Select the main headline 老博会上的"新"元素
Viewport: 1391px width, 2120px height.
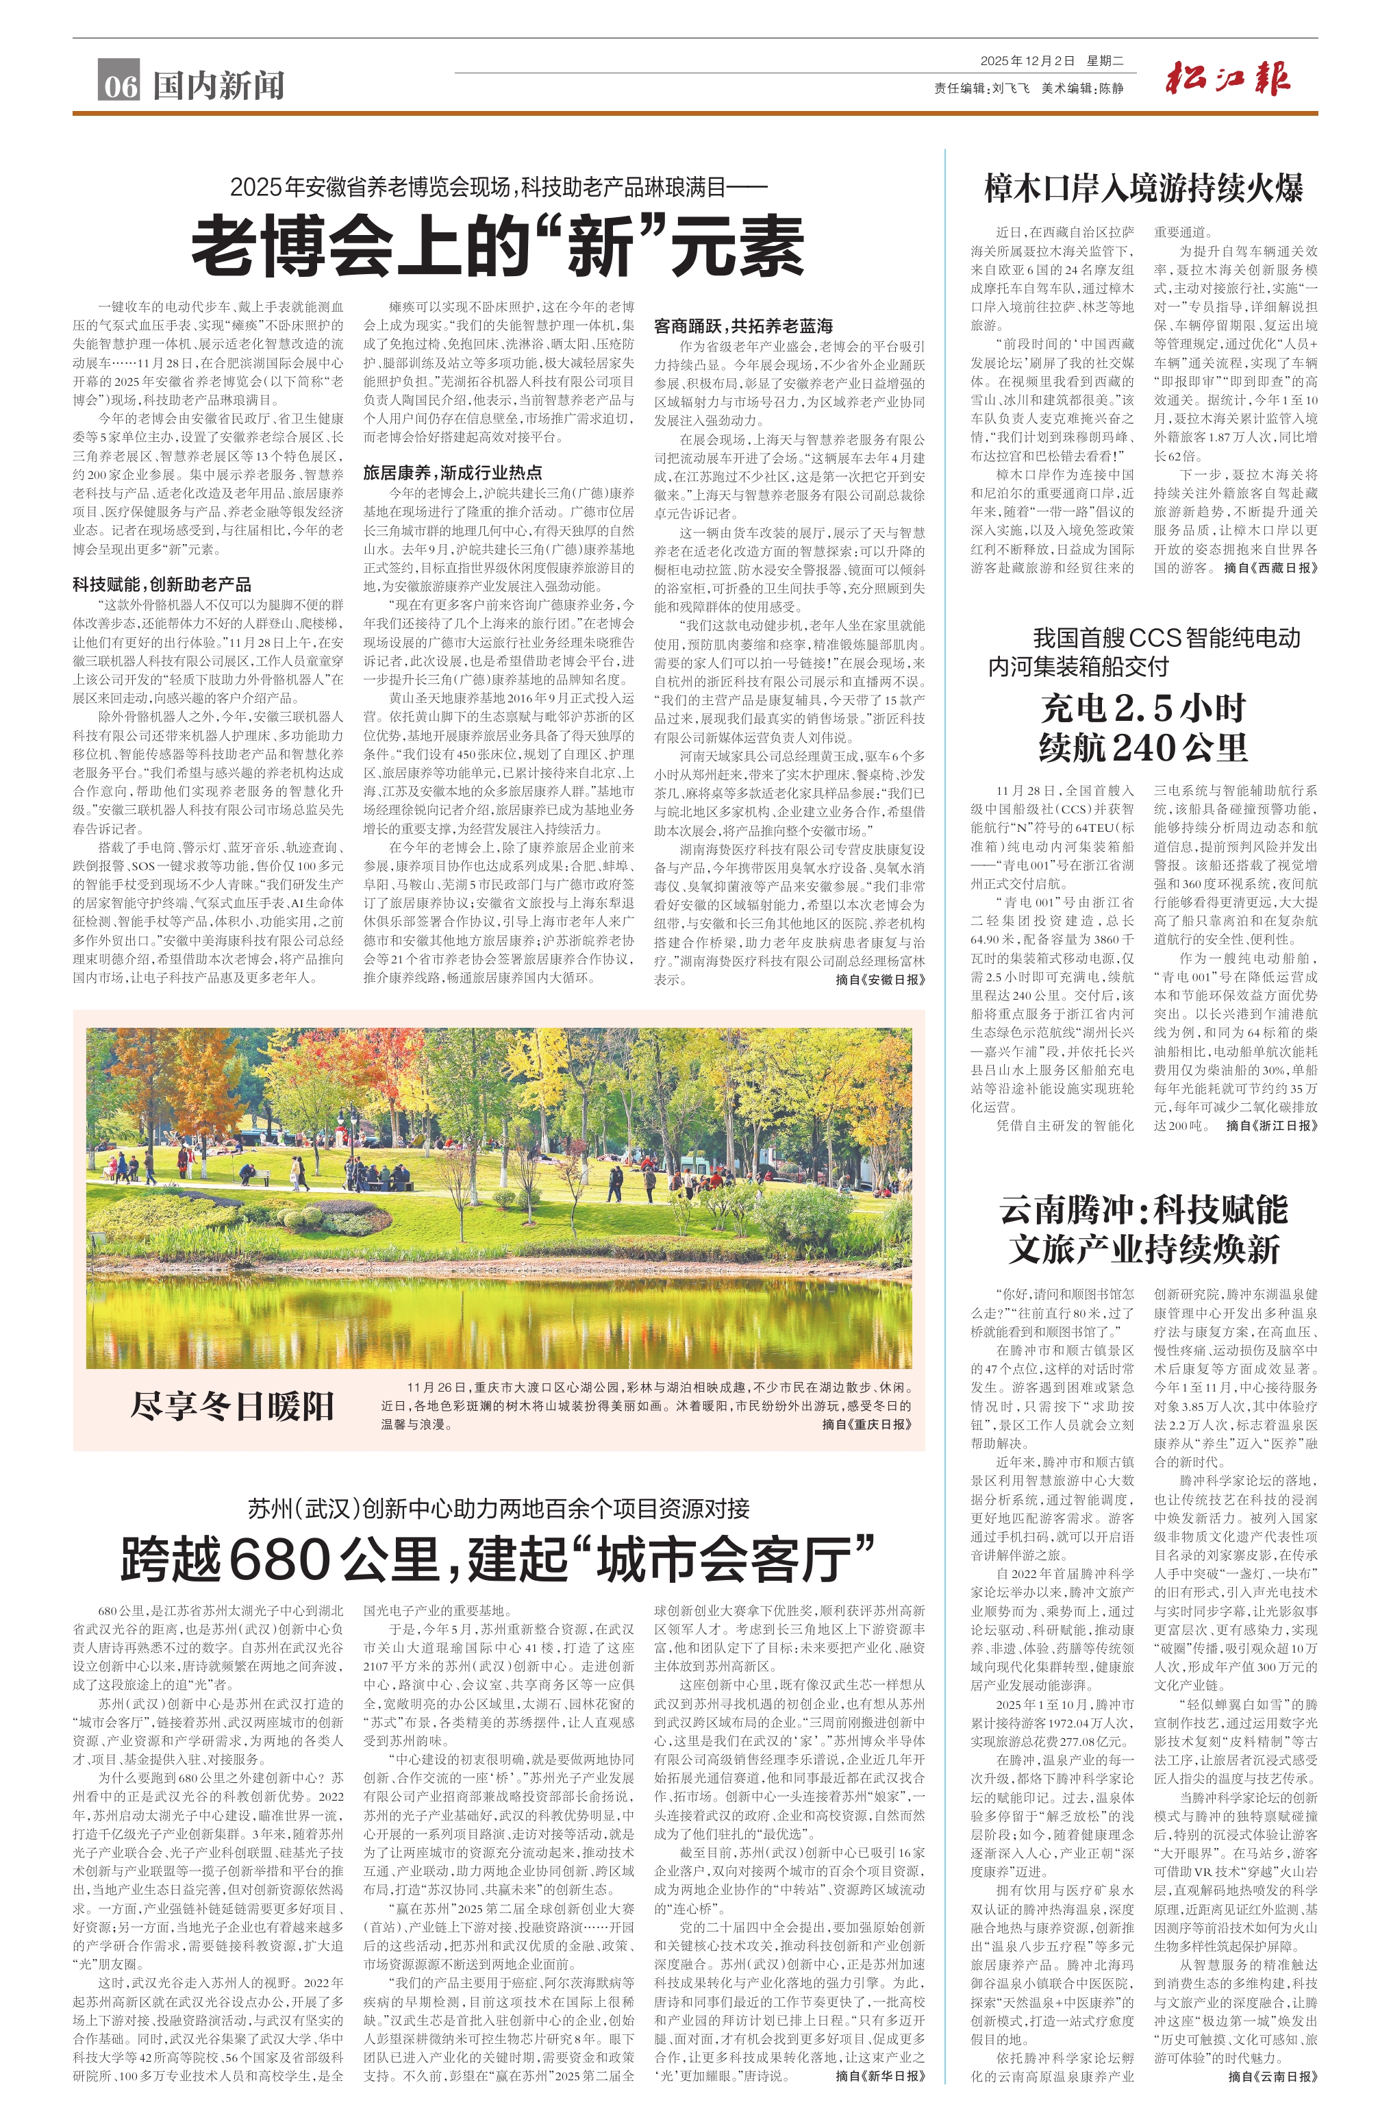click(498, 246)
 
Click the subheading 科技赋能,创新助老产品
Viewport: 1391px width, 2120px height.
click(162, 584)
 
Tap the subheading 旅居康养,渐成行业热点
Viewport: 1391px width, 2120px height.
click(453, 472)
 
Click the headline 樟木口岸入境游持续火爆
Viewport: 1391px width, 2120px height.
click(1144, 188)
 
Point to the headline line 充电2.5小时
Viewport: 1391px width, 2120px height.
click(1144, 708)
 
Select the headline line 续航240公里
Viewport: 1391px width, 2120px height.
click(1144, 746)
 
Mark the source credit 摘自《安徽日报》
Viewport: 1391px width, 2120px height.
click(880, 980)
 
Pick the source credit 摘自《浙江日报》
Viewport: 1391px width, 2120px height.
click(1272, 1125)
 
